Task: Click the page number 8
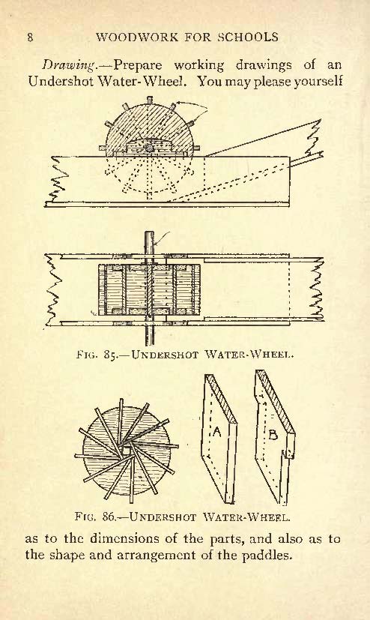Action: [30, 37]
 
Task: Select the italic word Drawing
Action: [69, 64]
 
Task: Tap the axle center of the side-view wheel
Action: [149, 148]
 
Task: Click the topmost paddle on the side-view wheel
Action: [149, 100]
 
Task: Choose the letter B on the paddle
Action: [273, 435]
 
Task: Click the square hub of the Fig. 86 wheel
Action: [127, 450]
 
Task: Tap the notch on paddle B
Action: [288, 453]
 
